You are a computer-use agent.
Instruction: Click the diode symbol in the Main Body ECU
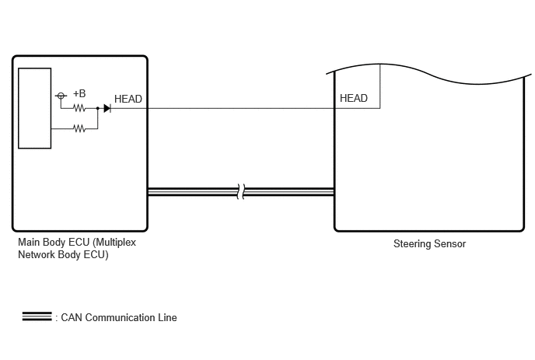click(107, 109)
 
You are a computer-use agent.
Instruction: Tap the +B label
click(79, 93)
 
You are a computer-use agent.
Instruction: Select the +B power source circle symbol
click(61, 96)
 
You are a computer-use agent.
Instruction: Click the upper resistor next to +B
click(79, 109)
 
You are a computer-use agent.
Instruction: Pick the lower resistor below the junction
click(79, 128)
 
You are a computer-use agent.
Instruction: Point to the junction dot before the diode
click(97, 109)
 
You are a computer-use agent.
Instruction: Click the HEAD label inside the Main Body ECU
click(128, 99)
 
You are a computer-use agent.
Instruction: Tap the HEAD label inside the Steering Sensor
click(354, 98)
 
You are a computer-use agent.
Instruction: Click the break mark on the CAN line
click(241, 192)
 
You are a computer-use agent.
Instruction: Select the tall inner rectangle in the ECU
click(35, 109)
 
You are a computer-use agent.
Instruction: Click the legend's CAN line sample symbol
click(37, 316)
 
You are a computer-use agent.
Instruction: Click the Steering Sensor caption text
click(429, 243)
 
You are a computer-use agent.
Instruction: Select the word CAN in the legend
click(72, 318)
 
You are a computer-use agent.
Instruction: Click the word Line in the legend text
click(167, 318)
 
